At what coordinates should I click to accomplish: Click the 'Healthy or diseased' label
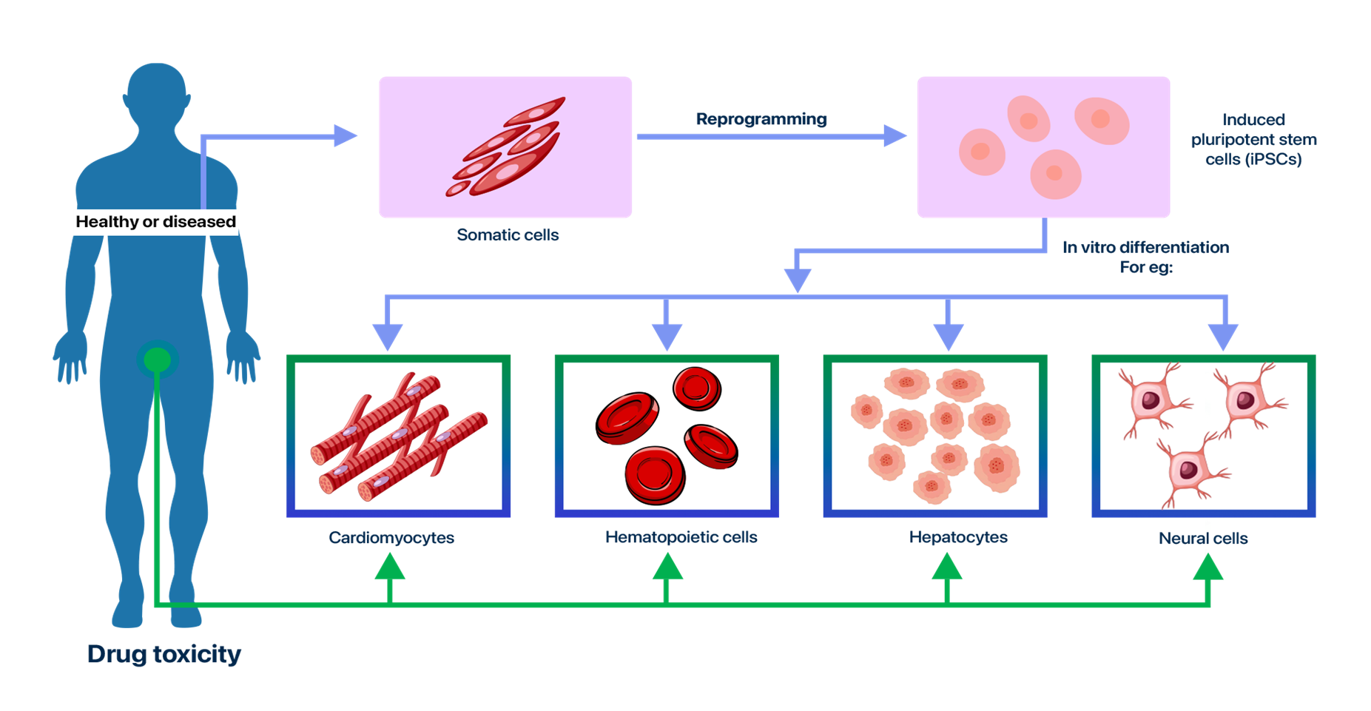click(x=155, y=221)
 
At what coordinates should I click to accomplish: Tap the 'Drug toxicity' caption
click(x=164, y=654)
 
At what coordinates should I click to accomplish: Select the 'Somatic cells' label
click(x=508, y=235)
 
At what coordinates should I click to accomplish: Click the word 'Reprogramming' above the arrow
click(x=761, y=119)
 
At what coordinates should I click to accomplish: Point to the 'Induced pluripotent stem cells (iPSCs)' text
click(x=1253, y=139)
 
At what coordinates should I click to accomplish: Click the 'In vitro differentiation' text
click(x=1146, y=247)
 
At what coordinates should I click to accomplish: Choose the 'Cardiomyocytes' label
click(x=391, y=538)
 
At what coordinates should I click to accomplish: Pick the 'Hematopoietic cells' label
click(x=681, y=537)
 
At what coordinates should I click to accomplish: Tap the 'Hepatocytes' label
click(x=958, y=537)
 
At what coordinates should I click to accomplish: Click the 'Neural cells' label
click(x=1203, y=539)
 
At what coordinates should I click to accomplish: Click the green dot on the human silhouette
click(x=157, y=360)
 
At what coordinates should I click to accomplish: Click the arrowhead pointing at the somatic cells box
click(x=346, y=136)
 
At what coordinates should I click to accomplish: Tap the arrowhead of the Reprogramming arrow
click(x=895, y=136)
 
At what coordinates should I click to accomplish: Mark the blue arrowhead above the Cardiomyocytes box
click(x=388, y=337)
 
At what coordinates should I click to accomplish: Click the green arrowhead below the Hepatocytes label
click(x=947, y=567)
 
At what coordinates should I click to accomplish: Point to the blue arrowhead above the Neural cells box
click(x=1223, y=337)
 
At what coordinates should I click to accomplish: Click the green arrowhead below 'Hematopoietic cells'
click(x=667, y=567)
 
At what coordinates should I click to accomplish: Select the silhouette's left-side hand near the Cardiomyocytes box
click(x=243, y=359)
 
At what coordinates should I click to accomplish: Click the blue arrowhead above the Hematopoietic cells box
click(x=667, y=337)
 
